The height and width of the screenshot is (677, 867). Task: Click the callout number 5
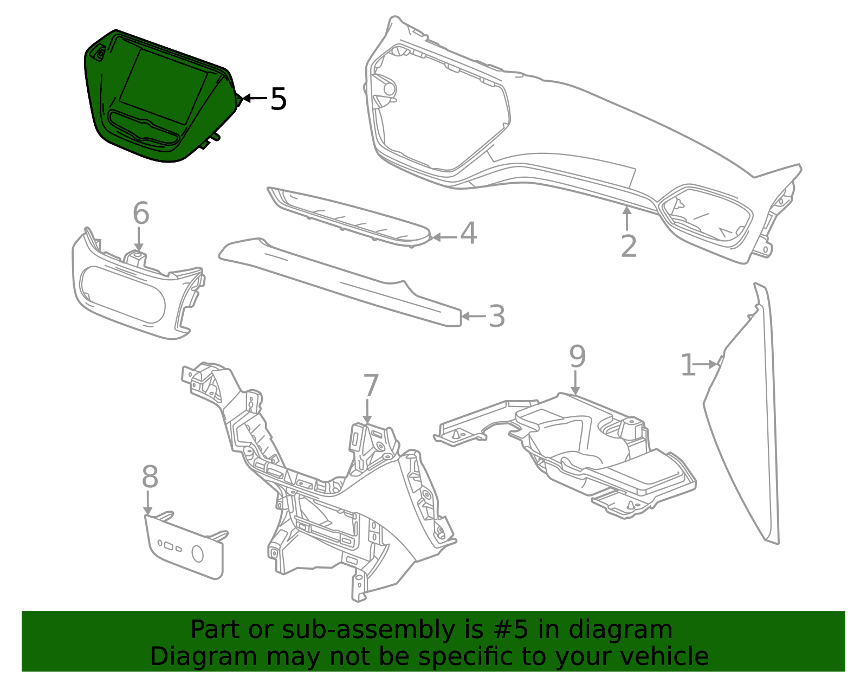click(278, 99)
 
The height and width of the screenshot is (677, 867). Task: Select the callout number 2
click(629, 247)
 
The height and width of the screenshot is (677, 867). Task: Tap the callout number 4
click(469, 234)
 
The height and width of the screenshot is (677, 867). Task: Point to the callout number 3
click(496, 317)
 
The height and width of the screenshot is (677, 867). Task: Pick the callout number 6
click(141, 214)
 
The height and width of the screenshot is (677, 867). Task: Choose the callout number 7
click(371, 386)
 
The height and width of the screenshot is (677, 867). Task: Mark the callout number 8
click(150, 478)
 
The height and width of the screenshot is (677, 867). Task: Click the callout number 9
click(578, 357)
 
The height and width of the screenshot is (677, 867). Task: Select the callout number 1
click(687, 365)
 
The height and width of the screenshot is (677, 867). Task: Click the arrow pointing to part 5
click(253, 99)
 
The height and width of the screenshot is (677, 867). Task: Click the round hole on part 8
click(198, 555)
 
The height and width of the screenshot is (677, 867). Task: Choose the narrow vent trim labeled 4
click(347, 216)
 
